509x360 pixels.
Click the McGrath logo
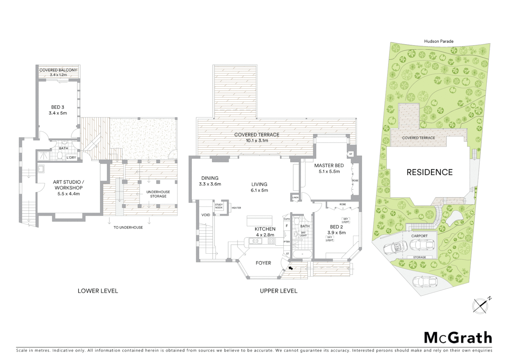(458, 338)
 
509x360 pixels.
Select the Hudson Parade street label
(438, 41)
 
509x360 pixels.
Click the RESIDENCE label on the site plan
(429, 172)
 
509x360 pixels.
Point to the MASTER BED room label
(329, 166)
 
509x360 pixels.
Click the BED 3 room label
(58, 107)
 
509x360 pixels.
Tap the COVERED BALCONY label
(58, 70)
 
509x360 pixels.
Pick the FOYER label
(263, 263)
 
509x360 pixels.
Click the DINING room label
(210, 178)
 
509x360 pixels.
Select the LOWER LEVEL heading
(98, 291)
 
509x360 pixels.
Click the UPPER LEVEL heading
(278, 291)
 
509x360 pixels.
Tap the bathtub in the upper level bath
(302, 255)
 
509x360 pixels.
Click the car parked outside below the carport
(424, 282)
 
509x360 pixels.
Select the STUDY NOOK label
(219, 206)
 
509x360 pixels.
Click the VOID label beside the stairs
(206, 215)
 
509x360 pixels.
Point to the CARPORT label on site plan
(419, 236)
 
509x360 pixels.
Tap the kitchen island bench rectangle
(259, 221)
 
